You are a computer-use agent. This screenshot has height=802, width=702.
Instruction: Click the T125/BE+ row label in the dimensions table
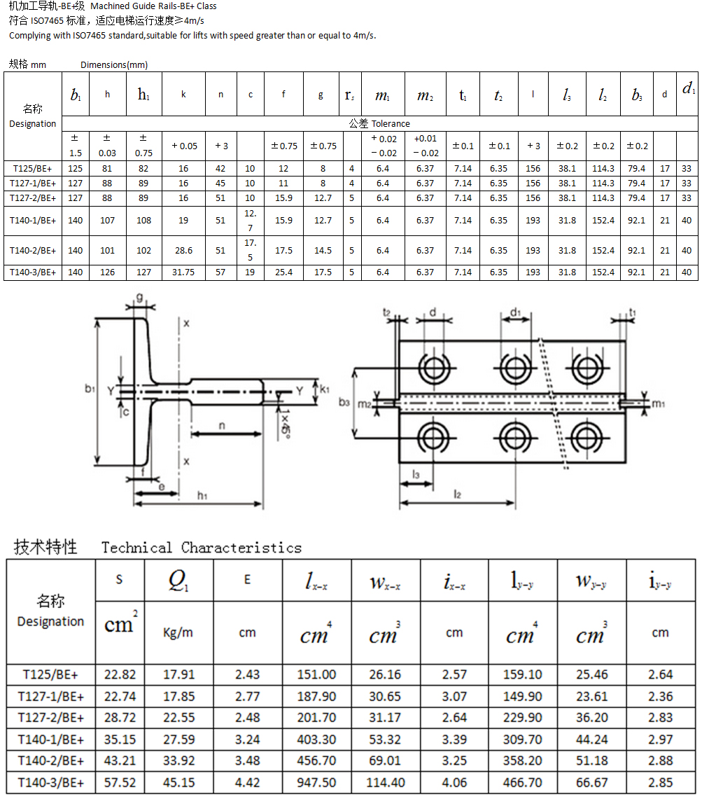32,169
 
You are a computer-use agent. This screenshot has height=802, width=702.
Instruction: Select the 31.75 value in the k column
183,272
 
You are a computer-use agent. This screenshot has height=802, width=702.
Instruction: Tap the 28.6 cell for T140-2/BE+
183,251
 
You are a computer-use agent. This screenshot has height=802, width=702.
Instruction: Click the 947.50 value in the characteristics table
316,782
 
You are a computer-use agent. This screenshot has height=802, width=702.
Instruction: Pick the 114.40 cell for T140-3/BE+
385,782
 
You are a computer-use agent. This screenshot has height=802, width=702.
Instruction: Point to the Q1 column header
178,581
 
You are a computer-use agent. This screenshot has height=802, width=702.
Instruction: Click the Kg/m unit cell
178,632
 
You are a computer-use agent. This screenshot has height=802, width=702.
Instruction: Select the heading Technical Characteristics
202,548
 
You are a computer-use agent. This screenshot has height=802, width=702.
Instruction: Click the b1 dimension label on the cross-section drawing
89,389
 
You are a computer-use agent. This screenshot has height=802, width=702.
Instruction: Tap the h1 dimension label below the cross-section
202,496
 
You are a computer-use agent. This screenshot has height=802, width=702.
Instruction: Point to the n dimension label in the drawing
221,425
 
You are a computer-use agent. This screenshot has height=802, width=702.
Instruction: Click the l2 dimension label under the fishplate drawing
458,495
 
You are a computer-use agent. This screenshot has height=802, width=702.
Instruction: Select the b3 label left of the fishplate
344,402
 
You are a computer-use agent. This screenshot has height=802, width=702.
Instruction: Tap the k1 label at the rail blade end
325,387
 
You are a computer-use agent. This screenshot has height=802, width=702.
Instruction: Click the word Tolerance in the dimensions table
391,124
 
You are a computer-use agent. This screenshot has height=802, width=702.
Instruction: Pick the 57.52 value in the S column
120,782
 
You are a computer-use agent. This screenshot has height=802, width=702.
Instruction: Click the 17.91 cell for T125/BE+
178,675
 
